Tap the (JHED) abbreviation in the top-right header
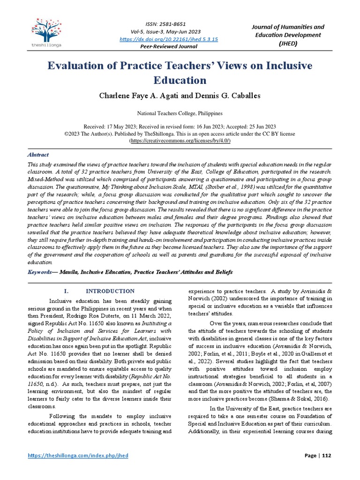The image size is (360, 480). tap(289, 43)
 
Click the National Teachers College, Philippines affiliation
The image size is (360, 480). tap(180, 113)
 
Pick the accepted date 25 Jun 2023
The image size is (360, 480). tap(259, 127)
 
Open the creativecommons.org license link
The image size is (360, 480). tap(180, 140)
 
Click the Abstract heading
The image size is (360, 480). tap(38, 155)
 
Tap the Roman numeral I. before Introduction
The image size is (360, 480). tap(66, 291)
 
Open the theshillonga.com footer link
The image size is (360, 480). tap(78, 456)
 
